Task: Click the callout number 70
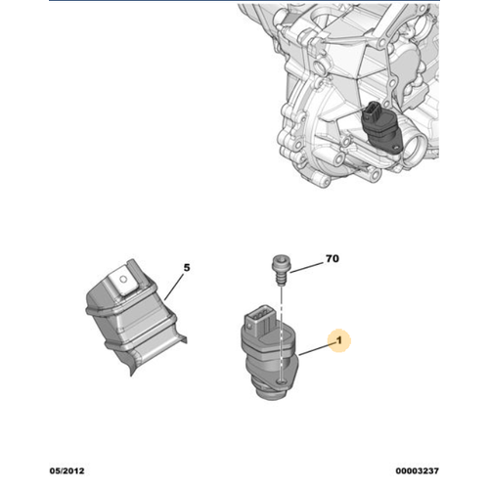[x=333, y=258]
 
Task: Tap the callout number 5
[x=187, y=268]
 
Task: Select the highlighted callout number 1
[x=339, y=340]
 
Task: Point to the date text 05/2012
[x=67, y=470]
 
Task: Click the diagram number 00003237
[x=418, y=470]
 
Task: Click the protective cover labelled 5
[x=135, y=317]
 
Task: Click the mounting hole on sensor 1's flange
[x=280, y=381]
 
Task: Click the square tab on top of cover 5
[x=123, y=281]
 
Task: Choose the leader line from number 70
[x=306, y=268]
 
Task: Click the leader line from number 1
[x=316, y=349]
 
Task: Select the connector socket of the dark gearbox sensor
[x=372, y=111]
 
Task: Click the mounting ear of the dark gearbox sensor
[x=397, y=150]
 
